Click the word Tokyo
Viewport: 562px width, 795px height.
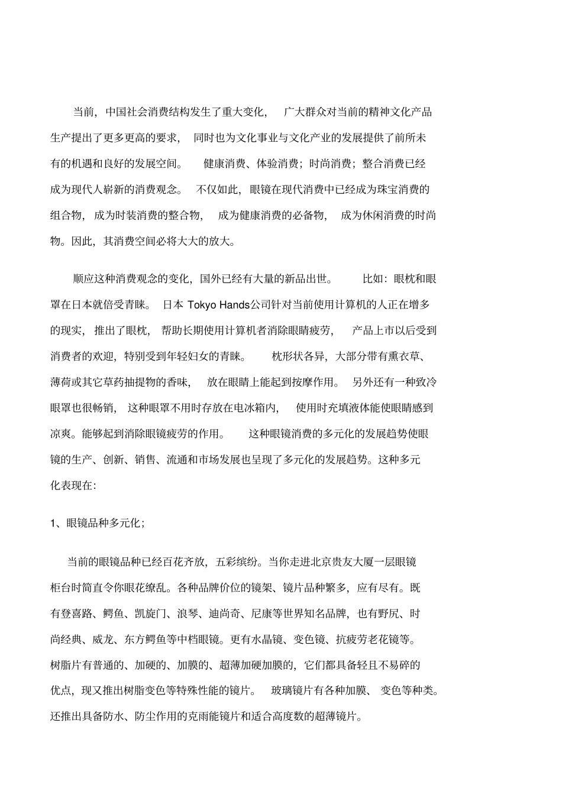[202, 305]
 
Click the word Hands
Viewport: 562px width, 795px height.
[235, 305]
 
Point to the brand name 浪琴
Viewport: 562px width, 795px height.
[188, 614]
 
